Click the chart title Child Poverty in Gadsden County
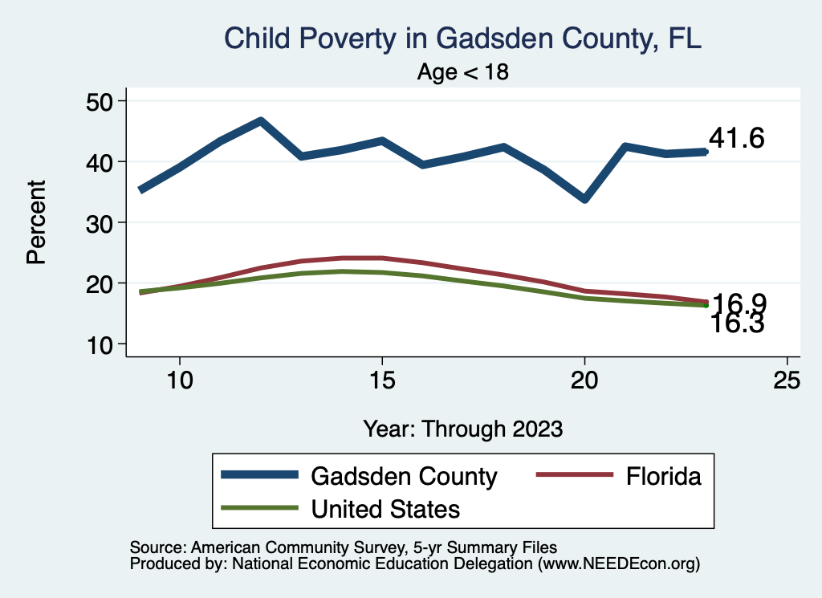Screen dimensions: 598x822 (463, 39)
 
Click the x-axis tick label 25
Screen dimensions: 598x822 (787, 380)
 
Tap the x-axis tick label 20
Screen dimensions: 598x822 (584, 380)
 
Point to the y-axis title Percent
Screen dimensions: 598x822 (35, 222)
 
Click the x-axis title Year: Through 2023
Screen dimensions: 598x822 (463, 428)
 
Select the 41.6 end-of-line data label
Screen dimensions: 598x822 (736, 139)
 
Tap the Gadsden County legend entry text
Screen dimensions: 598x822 (404, 476)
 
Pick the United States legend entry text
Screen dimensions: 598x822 (385, 509)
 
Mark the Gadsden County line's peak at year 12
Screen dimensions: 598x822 (260, 121)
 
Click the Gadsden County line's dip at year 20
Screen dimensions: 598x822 (584, 198)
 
